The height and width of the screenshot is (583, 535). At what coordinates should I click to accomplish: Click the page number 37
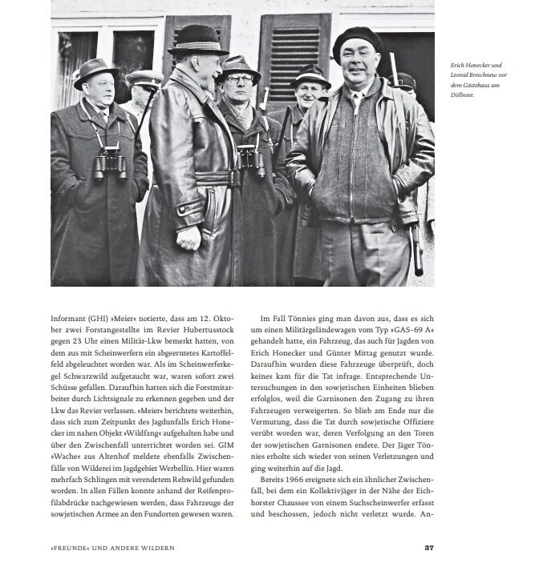429,548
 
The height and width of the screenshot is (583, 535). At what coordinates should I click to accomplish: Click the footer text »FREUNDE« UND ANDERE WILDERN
112,548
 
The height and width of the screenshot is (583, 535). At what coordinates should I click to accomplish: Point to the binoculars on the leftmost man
109,163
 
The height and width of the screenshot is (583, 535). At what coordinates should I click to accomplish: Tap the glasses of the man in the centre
239,79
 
